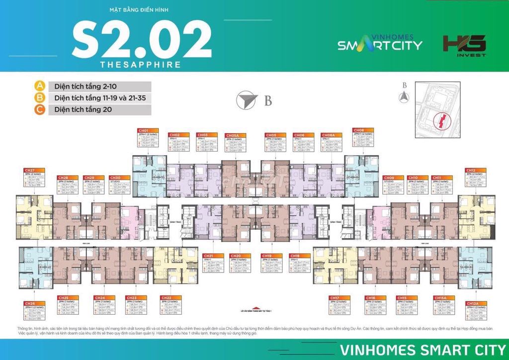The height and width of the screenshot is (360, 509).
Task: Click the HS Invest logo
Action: click(x=464, y=46)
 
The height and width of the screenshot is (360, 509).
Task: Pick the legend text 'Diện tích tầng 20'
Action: click(x=83, y=109)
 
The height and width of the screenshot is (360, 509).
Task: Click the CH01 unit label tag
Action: click(x=144, y=130)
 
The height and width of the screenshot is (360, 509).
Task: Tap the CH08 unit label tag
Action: click(x=359, y=130)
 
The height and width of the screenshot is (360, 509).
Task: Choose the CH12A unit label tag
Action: click(x=472, y=303)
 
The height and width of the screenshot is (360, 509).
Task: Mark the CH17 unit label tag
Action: click(x=335, y=298)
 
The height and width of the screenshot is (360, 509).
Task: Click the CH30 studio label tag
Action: click(x=115, y=178)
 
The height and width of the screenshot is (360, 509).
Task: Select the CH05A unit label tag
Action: click(x=231, y=135)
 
